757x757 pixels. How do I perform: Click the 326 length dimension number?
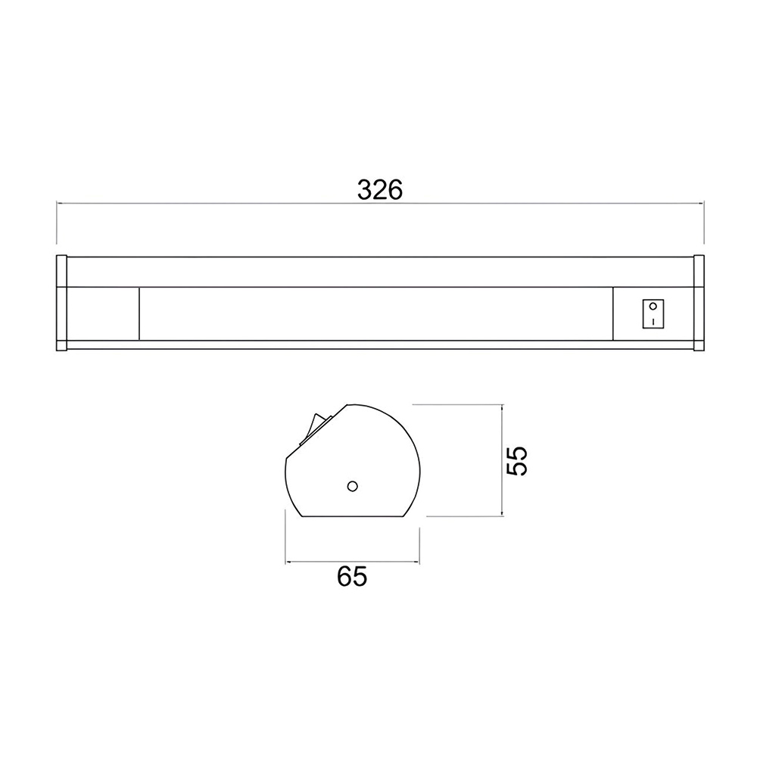[379, 190]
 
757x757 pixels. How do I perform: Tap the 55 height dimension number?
[517, 460]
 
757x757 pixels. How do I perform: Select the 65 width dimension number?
[352, 576]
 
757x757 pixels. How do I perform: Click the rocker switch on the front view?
[653, 314]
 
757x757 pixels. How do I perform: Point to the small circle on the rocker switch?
[653, 306]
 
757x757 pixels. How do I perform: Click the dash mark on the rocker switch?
[653, 321]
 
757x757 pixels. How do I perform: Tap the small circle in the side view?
[353, 486]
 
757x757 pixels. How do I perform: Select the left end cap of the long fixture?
[61, 303]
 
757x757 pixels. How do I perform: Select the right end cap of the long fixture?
[699, 303]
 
